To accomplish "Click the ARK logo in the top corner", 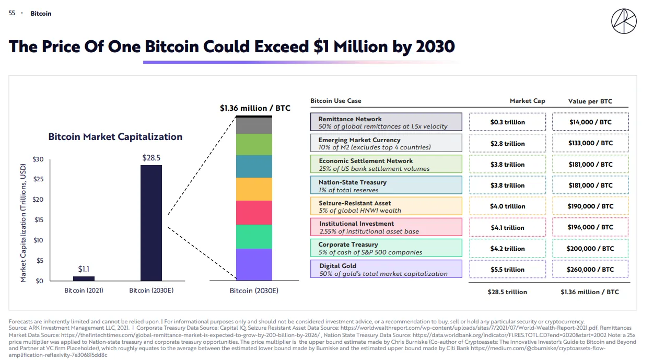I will coord(624,21).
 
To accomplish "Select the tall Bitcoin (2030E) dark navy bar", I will coord(151,223).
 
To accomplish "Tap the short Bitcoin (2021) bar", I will coord(84,278).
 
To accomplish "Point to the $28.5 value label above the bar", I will coord(151,157).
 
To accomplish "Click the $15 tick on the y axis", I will coord(38,220).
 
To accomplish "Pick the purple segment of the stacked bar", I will coord(254,265).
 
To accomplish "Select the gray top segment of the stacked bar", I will coord(254,125).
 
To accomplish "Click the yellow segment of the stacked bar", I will coord(254,189).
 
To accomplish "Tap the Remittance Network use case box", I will coord(386,122).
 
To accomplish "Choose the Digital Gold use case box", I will coord(386,269).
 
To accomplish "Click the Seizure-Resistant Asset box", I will coord(386,206).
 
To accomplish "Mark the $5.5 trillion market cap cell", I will coord(507,270).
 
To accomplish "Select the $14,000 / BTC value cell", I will coord(590,122).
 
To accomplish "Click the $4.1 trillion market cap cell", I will coord(507,228).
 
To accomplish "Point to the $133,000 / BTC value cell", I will coord(590,143).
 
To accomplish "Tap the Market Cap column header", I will coord(527,101).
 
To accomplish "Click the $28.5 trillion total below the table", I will coord(507,292).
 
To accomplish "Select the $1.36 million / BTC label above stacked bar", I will coord(255,109).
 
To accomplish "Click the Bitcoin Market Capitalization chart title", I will coord(115,137).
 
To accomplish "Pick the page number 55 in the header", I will coord(12,13).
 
